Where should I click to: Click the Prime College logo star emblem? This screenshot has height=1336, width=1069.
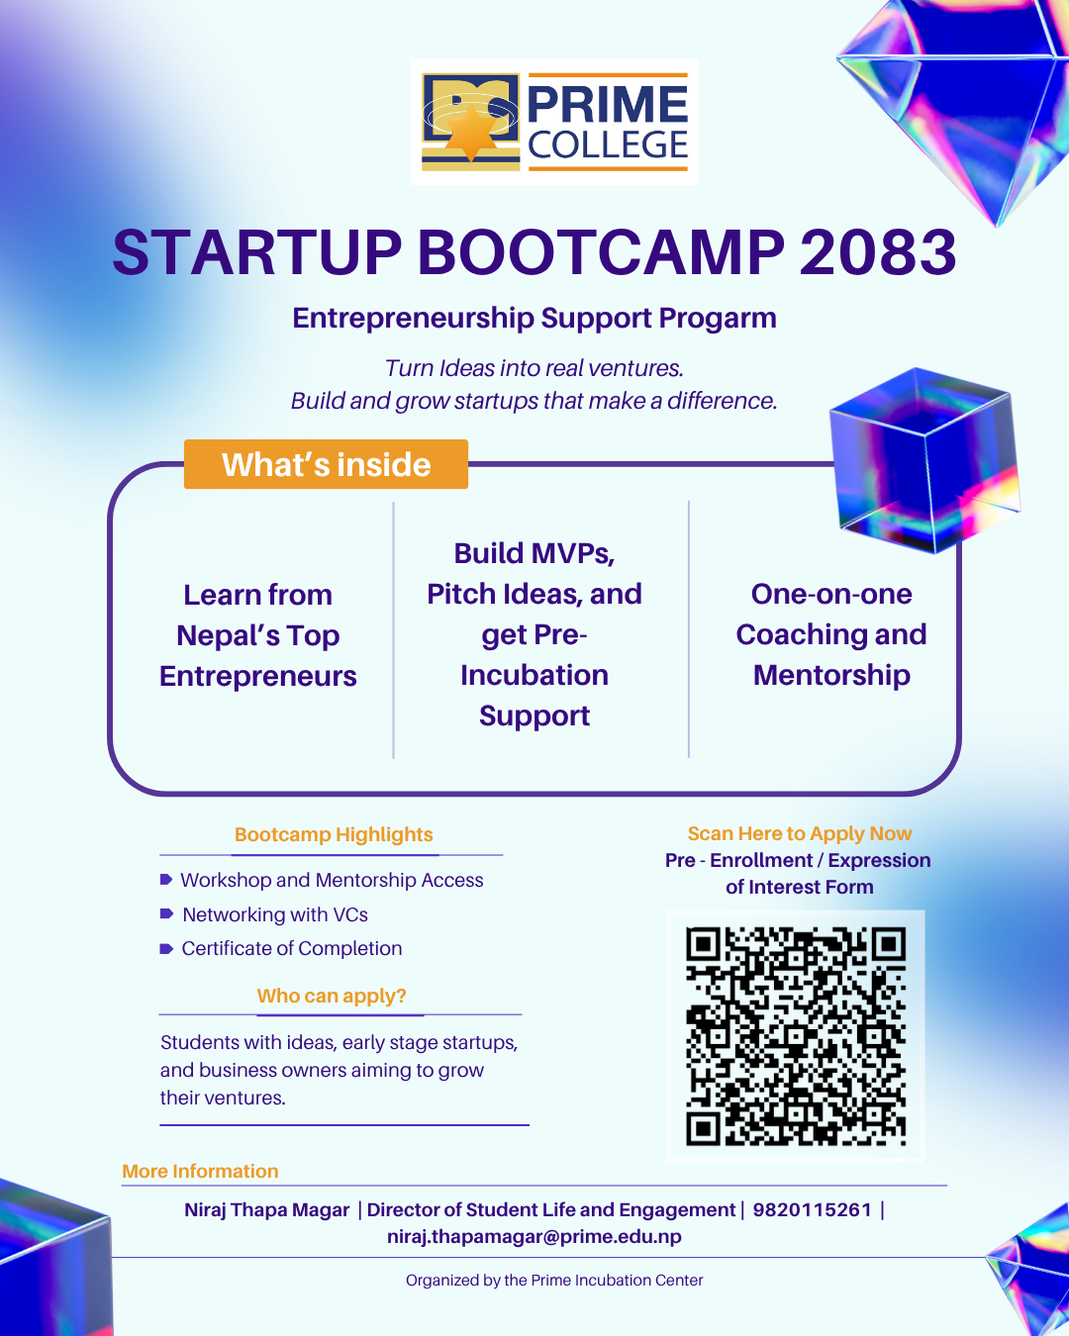[471, 131]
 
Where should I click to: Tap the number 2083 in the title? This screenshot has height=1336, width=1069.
[878, 252]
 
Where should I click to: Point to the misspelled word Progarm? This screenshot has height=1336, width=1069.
[718, 319]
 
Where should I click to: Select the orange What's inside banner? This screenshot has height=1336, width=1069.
[326, 464]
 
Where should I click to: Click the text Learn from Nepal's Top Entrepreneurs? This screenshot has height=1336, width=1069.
[257, 635]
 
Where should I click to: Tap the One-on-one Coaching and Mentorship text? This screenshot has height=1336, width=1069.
[831, 634]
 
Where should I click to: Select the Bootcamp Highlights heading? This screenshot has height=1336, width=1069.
[334, 834]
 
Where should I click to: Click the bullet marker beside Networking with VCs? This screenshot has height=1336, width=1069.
[166, 913]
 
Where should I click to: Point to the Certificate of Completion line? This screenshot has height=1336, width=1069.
[292, 949]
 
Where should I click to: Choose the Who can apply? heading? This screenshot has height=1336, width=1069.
[331, 996]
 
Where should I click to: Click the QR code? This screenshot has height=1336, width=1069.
[795, 1036]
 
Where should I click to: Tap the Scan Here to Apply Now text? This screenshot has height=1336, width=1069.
[800, 833]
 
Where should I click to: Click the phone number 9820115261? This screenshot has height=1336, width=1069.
[812, 1210]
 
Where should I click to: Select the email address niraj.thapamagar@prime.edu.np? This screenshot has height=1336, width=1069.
[534, 1237]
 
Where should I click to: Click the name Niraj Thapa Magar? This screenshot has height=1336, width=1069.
[267, 1210]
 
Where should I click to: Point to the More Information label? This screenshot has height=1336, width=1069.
[200, 1171]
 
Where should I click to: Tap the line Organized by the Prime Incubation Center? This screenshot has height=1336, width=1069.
[554, 1281]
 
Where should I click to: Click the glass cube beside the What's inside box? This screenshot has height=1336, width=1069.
[923, 460]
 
